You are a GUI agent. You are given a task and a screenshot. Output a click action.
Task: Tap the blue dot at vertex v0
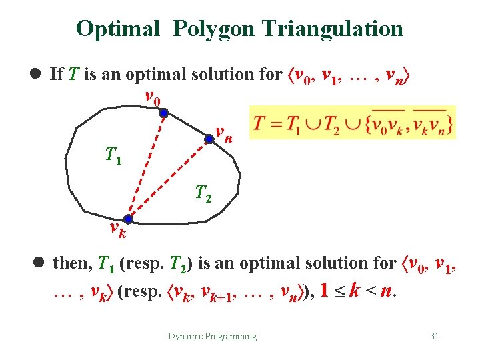163,113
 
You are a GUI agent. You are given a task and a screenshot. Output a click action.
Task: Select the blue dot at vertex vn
209,139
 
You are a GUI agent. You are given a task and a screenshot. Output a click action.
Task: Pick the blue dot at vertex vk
128,219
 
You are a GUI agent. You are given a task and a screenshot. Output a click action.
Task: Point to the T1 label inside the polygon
113,156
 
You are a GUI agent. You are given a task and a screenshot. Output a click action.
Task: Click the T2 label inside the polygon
203,194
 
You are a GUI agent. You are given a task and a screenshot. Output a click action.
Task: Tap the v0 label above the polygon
153,98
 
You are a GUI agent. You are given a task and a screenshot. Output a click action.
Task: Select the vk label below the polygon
118,231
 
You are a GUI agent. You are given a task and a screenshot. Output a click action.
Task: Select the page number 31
434,336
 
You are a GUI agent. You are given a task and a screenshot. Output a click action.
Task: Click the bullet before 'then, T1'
39,263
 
